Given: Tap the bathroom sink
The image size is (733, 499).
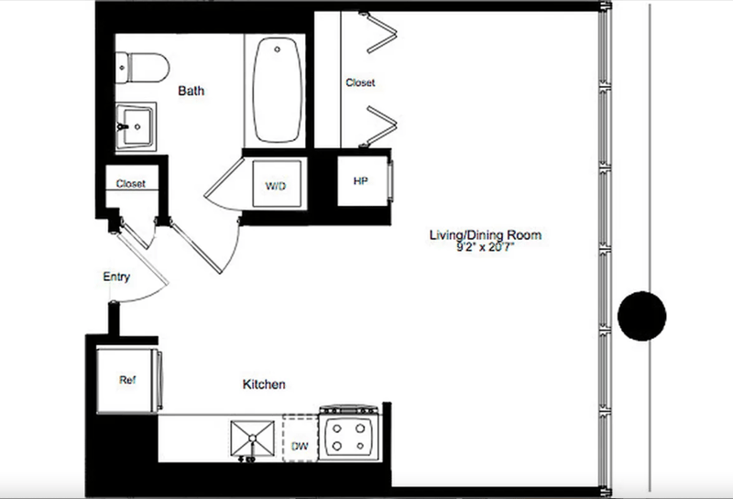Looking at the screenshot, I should [x=137, y=125].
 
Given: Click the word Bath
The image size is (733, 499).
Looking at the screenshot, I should [x=191, y=91].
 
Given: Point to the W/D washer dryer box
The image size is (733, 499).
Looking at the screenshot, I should [x=276, y=186].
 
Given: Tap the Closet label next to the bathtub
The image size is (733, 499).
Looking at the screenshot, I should [x=360, y=82].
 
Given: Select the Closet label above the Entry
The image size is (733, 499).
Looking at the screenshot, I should [x=131, y=184].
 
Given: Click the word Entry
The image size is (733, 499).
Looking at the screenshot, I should [x=116, y=277].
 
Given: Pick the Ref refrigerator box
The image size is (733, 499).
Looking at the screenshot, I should [x=127, y=378].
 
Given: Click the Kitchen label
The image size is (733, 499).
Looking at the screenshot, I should [x=263, y=385].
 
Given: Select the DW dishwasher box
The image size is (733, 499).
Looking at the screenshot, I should [x=299, y=440].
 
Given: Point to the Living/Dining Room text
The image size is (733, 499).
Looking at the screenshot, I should [x=479, y=235].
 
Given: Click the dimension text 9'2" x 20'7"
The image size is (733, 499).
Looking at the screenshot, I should [x=479, y=247].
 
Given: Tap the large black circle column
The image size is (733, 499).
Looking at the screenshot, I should [x=641, y=316].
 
